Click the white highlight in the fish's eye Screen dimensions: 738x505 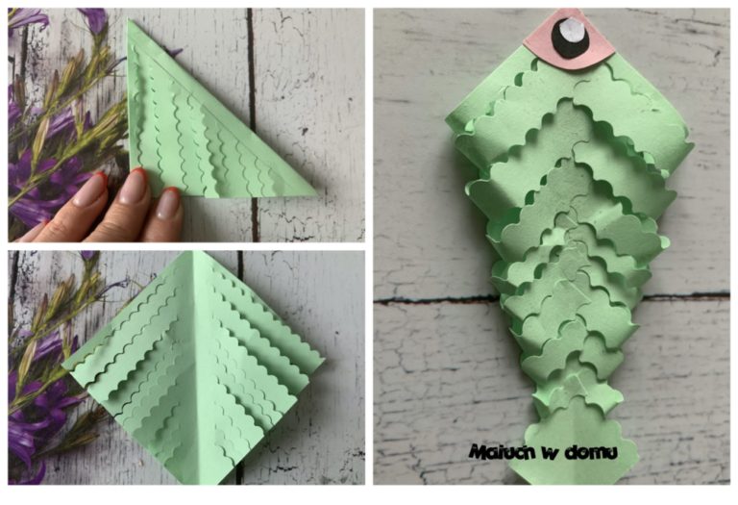(x=571, y=30)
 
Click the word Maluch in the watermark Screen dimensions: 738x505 (x=503, y=452)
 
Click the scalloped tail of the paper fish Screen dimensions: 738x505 (x=575, y=442)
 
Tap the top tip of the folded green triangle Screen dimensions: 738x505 (x=128, y=20)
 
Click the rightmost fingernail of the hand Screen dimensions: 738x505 (x=167, y=203)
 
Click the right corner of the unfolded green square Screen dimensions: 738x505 (x=324, y=361)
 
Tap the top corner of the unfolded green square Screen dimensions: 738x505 (x=192, y=252)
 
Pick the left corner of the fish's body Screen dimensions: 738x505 (x=446, y=118)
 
